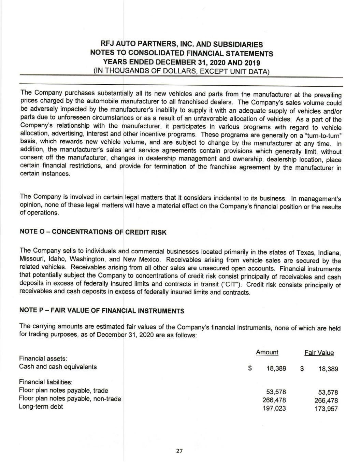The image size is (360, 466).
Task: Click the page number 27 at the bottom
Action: pyautogui.click(x=179, y=451)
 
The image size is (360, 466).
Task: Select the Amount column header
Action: pyautogui.click(x=267, y=352)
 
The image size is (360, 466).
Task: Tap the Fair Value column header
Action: pyautogui.click(x=319, y=353)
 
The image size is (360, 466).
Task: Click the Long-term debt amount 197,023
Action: pyautogui.click(x=275, y=408)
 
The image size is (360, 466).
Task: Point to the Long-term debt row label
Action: pyautogui.click(x=41, y=407)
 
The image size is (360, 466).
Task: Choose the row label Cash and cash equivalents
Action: pyautogui.click(x=58, y=367)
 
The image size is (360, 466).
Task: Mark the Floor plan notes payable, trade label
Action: pyautogui.click(x=63, y=391)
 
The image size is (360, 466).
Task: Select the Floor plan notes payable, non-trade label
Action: pyautogui.click(x=70, y=399)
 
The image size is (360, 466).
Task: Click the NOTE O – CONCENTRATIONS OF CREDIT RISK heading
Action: pyautogui.click(x=93, y=232)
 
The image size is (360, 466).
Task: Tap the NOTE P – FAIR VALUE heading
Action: pyautogui.click(x=102, y=311)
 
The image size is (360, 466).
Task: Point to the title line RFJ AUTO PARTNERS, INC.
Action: pyautogui.click(x=182, y=44)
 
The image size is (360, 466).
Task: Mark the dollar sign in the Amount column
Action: pyautogui.click(x=250, y=369)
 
